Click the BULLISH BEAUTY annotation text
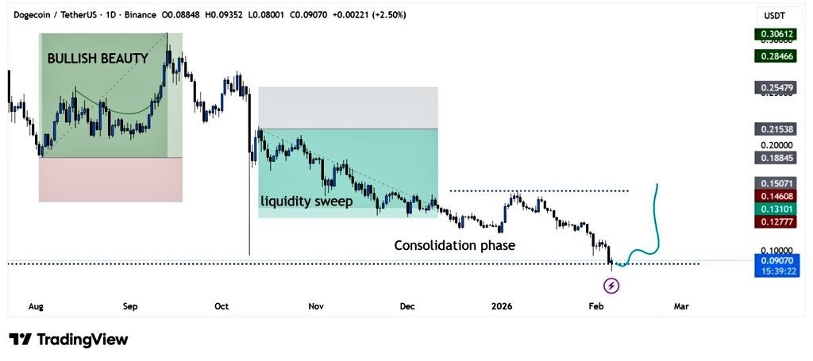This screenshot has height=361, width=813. click(98, 58)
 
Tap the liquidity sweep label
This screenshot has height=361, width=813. click(307, 202)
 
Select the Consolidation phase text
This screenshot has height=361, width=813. click(455, 245)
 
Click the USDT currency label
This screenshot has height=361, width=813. click(774, 16)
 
